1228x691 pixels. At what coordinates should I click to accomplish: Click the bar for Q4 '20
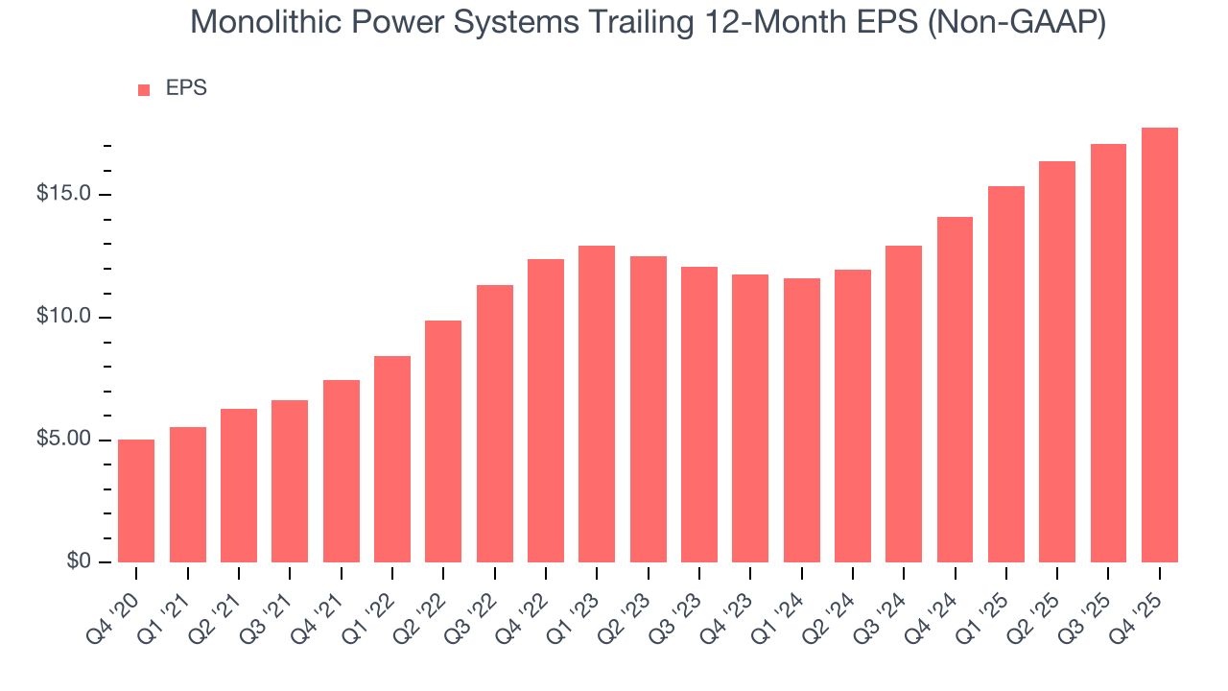tap(136, 501)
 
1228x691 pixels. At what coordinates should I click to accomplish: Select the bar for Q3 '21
tap(290, 481)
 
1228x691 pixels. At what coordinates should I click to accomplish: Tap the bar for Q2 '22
tap(443, 441)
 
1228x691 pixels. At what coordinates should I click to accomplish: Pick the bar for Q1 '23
tap(597, 404)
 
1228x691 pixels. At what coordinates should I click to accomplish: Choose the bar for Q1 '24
tap(801, 420)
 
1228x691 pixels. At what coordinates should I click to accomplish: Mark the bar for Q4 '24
tap(955, 390)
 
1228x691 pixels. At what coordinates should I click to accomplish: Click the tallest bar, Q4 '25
tap(1160, 345)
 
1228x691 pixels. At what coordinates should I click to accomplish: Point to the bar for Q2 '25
tap(1057, 362)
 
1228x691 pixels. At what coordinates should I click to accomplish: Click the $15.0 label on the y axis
tap(63, 195)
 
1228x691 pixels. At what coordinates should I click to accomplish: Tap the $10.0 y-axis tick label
tap(63, 318)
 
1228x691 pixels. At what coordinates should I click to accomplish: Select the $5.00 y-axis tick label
tap(63, 441)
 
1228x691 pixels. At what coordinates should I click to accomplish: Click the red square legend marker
tap(144, 90)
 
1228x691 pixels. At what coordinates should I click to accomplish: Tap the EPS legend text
tap(186, 88)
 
